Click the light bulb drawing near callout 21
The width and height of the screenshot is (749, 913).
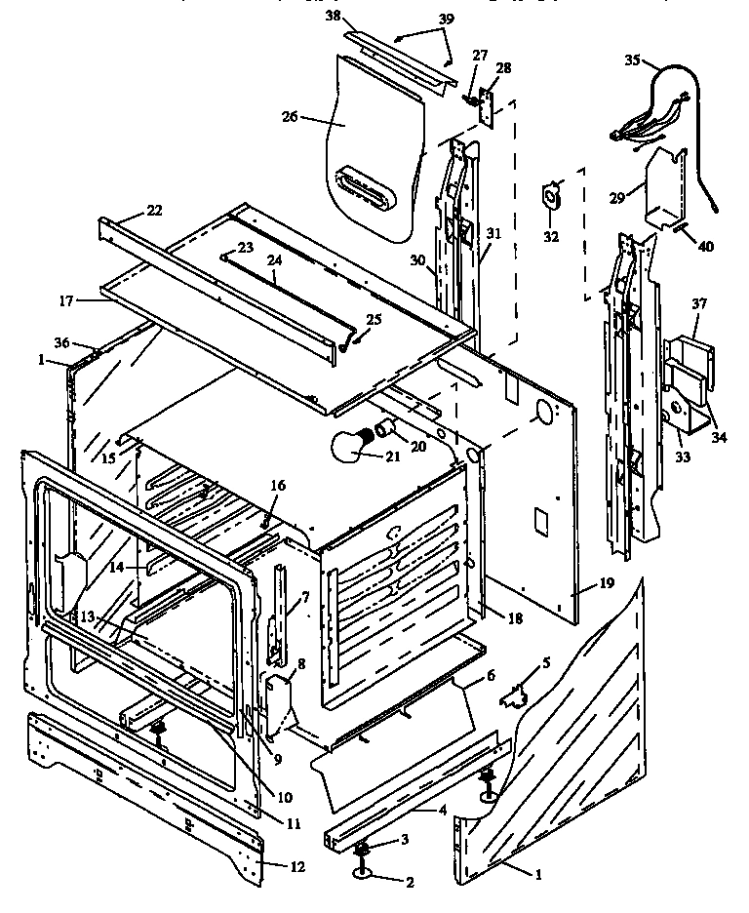click(x=352, y=449)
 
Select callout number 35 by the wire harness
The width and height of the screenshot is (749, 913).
click(x=632, y=60)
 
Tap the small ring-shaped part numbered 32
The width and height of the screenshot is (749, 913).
click(x=553, y=196)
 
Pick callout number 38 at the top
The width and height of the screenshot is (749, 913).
click(x=333, y=18)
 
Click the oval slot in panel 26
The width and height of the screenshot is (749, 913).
click(x=366, y=186)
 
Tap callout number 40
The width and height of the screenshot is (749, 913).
click(x=705, y=246)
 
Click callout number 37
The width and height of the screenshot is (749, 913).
click(x=698, y=303)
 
